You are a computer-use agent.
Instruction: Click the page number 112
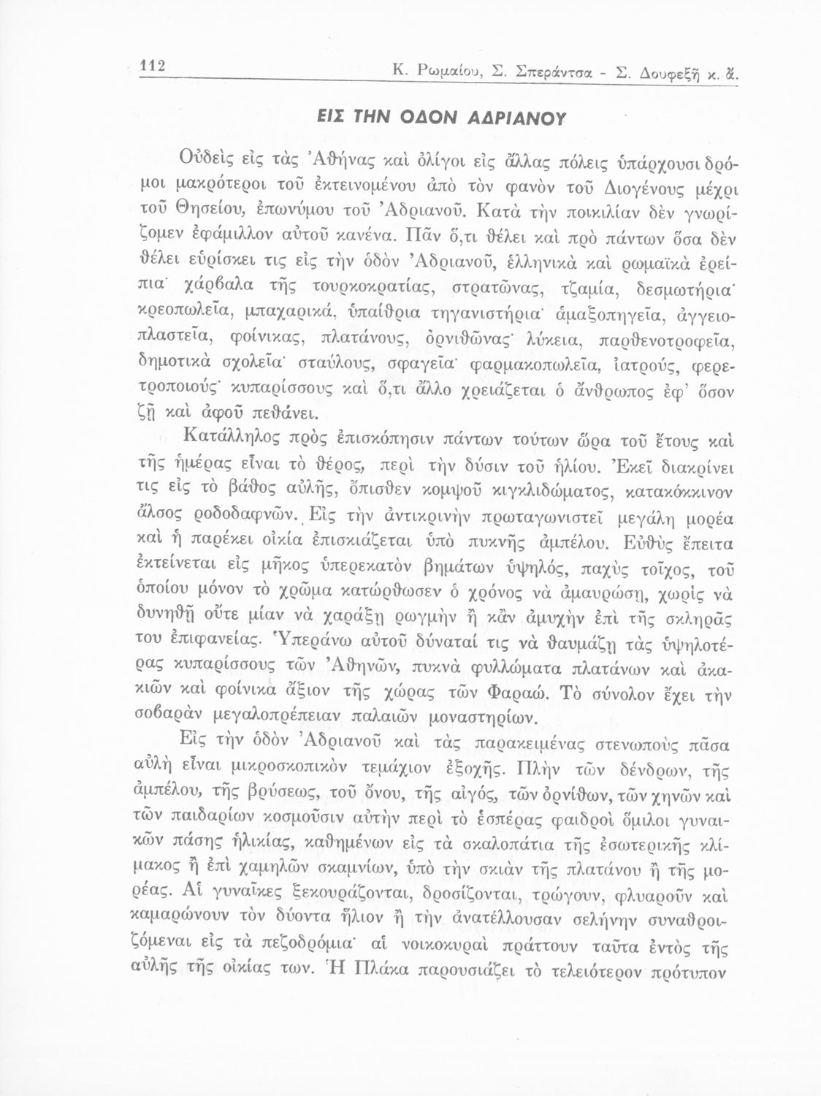coord(154,66)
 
